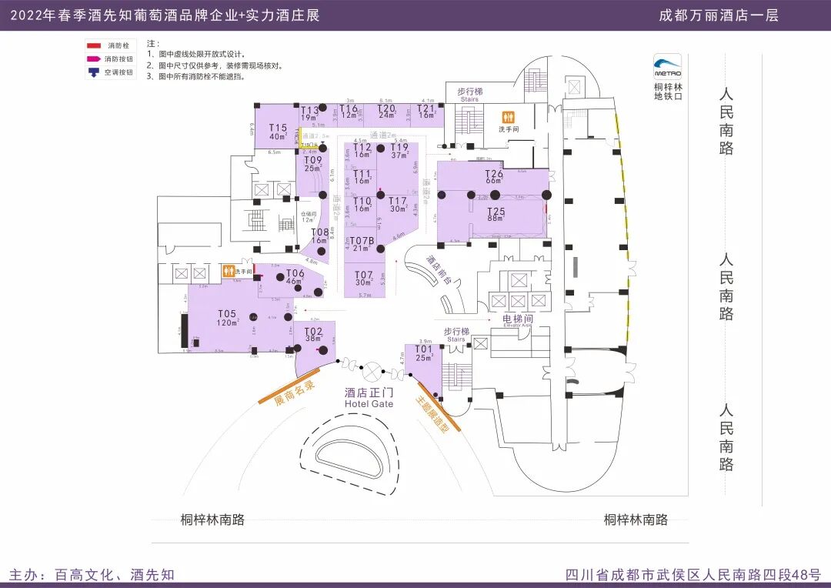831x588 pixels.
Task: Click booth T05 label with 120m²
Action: [226, 317]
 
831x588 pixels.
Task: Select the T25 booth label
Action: [496, 214]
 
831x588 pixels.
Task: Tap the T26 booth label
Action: [493, 177]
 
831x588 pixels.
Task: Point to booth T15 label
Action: [278, 132]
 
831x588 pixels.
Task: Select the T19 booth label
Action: [399, 150]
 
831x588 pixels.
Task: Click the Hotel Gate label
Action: [369, 398]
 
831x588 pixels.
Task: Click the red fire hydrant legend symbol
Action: [94, 46]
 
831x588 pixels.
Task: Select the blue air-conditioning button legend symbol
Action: [94, 72]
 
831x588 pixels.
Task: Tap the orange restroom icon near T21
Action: [507, 117]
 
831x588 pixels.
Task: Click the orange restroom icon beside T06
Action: [229, 271]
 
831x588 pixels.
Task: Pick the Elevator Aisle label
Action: [517, 321]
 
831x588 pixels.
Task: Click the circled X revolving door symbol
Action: [373, 371]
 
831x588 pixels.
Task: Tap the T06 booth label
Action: [295, 277]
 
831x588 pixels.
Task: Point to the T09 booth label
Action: [312, 163]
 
